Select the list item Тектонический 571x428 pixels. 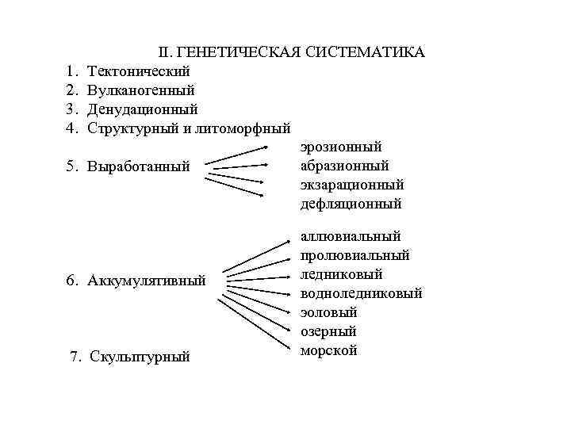click(139, 71)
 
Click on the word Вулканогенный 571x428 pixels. click(141, 90)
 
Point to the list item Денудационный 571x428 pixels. click(143, 109)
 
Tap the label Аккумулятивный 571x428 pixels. click(147, 281)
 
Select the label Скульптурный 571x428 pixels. click(140, 357)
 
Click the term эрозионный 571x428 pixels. click(341, 147)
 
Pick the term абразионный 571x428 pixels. click(345, 166)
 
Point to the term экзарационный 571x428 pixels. click(352, 185)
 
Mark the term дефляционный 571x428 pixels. click(351, 204)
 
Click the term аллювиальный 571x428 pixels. click(351, 236)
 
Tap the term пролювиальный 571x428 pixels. click(354, 255)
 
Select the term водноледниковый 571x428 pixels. click(361, 293)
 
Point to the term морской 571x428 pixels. click(329, 350)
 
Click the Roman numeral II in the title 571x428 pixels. click(164, 52)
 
